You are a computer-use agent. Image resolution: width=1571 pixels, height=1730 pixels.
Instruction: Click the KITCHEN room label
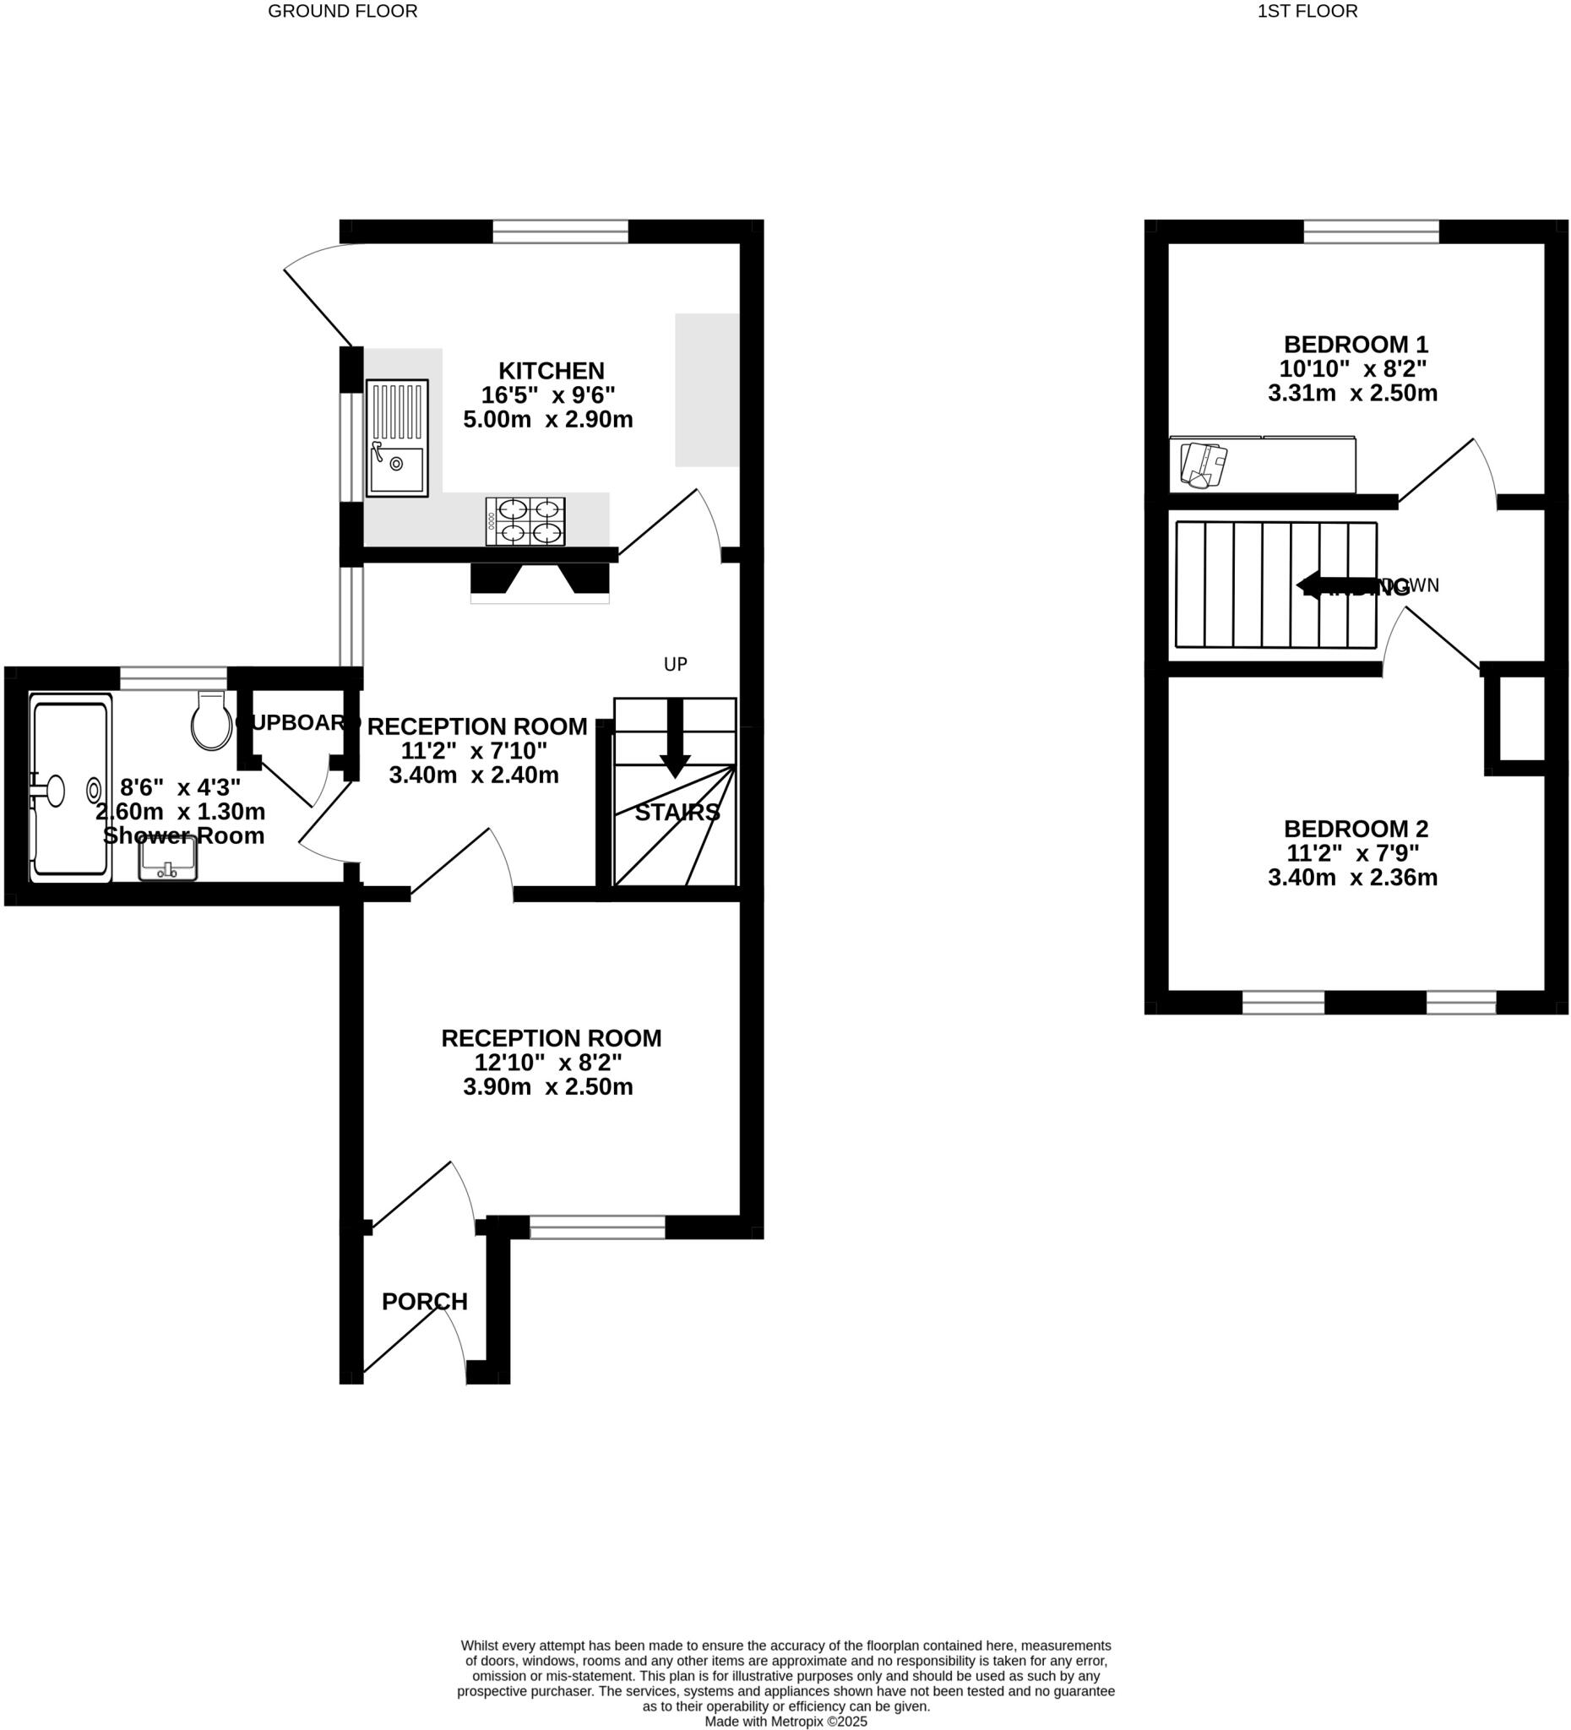tap(551, 372)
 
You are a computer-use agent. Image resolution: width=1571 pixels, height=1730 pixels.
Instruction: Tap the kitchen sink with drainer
tap(396, 438)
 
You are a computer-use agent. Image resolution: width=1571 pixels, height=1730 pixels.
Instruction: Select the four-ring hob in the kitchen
tap(525, 521)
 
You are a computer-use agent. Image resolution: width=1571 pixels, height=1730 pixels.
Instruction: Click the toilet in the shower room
tap(212, 721)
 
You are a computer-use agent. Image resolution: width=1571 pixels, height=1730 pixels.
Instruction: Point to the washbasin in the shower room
tap(168, 859)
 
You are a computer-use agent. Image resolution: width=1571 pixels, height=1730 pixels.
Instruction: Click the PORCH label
tap(425, 1302)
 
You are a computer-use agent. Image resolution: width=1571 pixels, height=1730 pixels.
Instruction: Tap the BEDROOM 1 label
tap(1356, 345)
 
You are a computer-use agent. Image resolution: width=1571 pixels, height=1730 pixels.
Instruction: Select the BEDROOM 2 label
tap(1356, 829)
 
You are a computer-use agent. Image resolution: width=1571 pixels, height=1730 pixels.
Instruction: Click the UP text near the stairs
tap(675, 664)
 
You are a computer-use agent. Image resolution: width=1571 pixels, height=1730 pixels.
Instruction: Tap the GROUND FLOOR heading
tap(342, 11)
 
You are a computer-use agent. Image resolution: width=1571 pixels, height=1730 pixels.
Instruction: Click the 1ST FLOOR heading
tap(1307, 11)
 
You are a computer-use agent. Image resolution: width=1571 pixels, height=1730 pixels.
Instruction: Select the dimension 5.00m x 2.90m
tap(548, 420)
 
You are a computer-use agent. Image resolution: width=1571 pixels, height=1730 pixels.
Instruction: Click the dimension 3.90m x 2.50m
tap(548, 1087)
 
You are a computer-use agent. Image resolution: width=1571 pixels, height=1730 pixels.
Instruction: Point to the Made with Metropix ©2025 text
tap(786, 1721)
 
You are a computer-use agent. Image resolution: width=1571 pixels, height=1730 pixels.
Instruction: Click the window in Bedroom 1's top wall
tap(1370, 231)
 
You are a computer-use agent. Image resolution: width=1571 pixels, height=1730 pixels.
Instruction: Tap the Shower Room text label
tap(183, 835)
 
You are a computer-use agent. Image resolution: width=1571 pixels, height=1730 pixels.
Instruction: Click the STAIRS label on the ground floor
tap(677, 813)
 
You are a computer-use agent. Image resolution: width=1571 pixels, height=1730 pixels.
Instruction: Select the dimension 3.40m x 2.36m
tap(1352, 878)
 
